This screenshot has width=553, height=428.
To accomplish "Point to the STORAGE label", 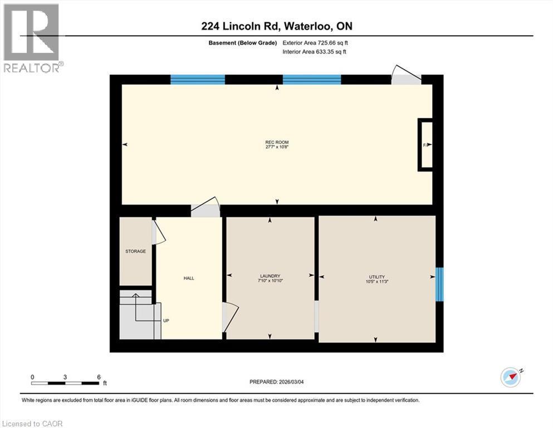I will click(x=135, y=251).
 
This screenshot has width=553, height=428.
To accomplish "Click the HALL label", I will click(x=189, y=278).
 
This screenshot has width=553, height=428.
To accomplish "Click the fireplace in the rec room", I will click(x=426, y=145).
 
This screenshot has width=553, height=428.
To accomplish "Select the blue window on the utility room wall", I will click(x=439, y=284).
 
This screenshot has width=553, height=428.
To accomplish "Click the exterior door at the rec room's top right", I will click(x=406, y=77).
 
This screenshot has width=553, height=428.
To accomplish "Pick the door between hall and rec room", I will click(x=205, y=207).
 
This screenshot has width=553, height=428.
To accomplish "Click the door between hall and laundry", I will click(x=228, y=317).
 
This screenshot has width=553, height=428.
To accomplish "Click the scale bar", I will click(x=66, y=382).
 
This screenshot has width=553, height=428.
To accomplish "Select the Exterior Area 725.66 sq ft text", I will click(x=316, y=42).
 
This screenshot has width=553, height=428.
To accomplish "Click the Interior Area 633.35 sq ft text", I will click(x=315, y=52).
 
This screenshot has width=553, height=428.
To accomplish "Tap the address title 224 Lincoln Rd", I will click(x=276, y=26).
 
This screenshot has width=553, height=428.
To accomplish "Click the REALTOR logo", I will click(x=32, y=38).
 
